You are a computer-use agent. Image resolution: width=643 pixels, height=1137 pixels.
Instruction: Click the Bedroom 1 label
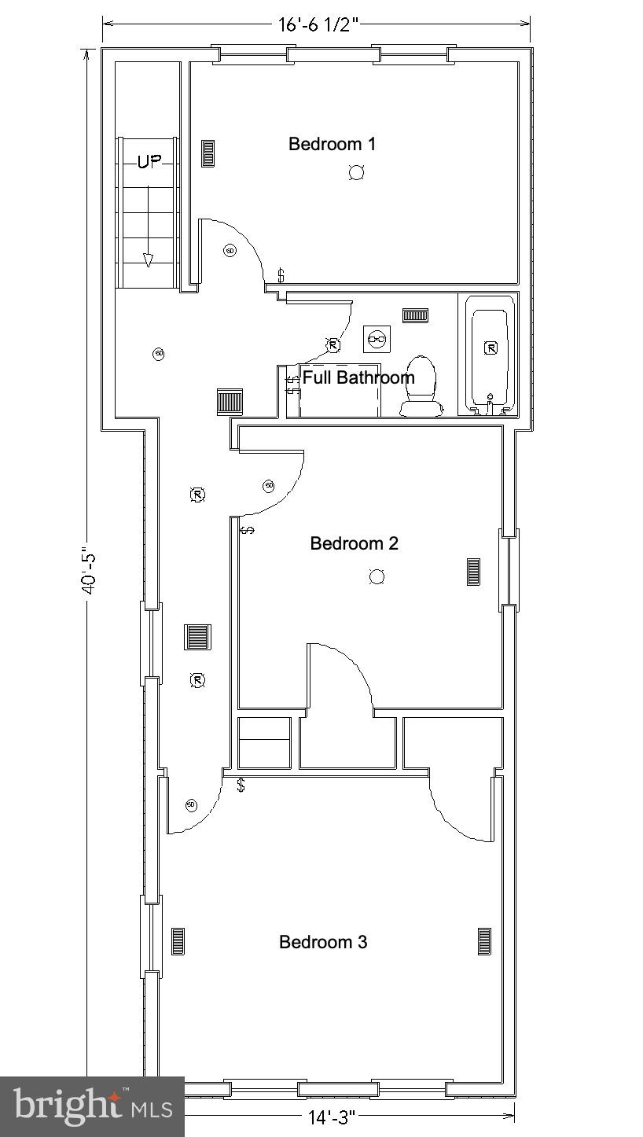click(x=332, y=144)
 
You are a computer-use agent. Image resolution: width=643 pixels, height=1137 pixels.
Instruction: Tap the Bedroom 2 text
click(x=354, y=543)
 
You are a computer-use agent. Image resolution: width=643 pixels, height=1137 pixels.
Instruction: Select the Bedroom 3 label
click(x=323, y=942)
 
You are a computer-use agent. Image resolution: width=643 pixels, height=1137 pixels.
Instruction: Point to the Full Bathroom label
click(x=358, y=377)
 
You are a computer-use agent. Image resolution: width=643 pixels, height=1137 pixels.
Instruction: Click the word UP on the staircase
click(x=149, y=162)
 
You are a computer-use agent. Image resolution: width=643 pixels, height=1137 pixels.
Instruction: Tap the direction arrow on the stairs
click(x=148, y=260)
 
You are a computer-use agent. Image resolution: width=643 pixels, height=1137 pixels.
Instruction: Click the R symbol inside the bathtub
click(x=491, y=348)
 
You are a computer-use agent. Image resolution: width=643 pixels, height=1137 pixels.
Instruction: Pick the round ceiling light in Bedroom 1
click(x=356, y=173)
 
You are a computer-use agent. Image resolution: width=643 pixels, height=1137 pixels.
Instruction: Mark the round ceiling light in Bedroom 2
click(x=377, y=577)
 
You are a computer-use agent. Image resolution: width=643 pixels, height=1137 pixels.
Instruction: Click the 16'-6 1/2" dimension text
click(x=318, y=24)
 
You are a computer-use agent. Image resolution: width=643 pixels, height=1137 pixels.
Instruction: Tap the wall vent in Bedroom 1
click(x=208, y=153)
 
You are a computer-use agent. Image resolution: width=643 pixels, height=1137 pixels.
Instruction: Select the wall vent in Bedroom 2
click(x=473, y=572)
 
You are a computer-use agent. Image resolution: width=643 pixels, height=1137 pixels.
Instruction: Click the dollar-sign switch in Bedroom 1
click(x=281, y=275)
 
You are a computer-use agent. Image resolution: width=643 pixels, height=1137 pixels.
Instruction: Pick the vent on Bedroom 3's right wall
click(x=484, y=941)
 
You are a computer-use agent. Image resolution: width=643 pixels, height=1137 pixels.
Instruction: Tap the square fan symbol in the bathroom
click(x=377, y=338)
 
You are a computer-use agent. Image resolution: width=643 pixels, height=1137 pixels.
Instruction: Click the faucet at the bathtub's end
click(x=491, y=402)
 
